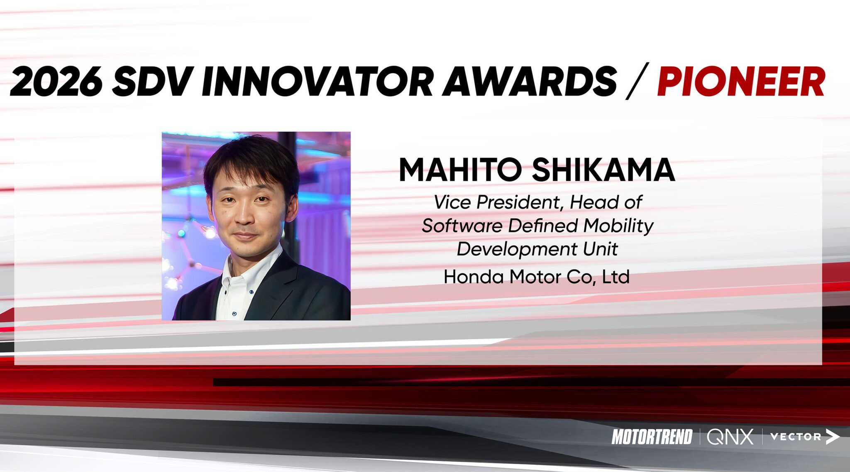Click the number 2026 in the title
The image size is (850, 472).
tap(56, 81)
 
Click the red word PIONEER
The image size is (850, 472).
tap(741, 81)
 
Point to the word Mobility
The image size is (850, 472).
tap(618, 226)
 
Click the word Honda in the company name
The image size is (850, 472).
tap(474, 277)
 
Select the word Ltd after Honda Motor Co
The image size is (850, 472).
tap(616, 277)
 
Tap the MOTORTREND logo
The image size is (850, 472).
tap(652, 437)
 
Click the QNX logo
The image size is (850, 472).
tap(730, 437)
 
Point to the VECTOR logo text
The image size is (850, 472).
tap(795, 437)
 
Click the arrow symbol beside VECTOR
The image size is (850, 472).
tap(832, 437)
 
